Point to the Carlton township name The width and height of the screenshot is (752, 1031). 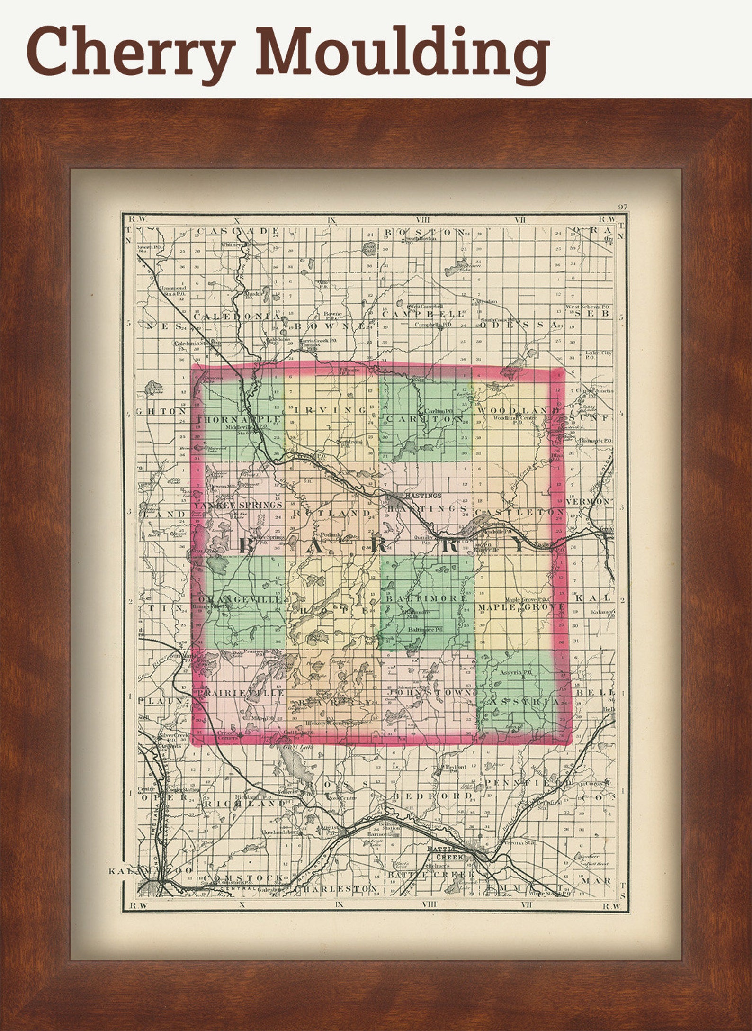click(425, 420)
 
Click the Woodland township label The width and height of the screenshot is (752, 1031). click(519, 410)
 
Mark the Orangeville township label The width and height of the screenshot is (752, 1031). click(240, 599)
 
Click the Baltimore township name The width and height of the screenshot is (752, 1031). click(427, 598)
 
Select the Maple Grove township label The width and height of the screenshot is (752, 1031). click(521, 607)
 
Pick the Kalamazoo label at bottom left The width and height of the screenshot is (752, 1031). click(151, 871)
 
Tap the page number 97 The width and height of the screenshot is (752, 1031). click(622, 207)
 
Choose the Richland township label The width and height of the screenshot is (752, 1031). click(244, 804)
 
